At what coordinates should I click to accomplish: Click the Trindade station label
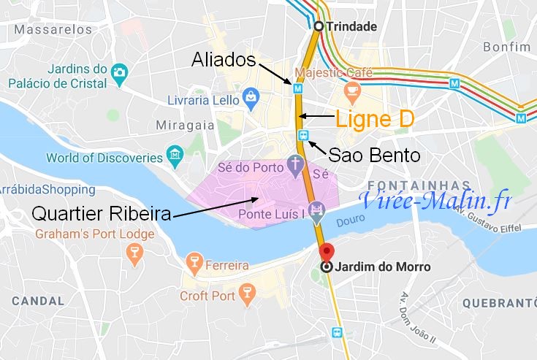352,27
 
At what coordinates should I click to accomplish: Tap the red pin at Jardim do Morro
327,250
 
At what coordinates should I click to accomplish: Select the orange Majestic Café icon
353,91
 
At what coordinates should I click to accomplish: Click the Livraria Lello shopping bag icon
251,95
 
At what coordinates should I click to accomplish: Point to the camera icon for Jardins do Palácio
120,71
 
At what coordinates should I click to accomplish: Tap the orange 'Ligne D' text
375,118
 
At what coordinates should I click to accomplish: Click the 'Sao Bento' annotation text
364,155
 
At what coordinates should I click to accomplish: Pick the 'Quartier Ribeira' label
101,215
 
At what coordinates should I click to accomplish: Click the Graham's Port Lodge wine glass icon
134,252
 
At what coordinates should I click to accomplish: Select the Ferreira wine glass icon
194,260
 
